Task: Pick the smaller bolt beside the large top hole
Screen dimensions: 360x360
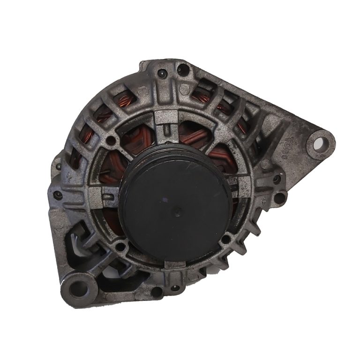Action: pos(162,73)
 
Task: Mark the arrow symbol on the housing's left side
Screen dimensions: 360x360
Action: pos(70,177)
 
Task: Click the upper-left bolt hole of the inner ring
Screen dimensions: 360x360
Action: pos(111,140)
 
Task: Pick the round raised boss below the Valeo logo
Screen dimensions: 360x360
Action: pos(266,164)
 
